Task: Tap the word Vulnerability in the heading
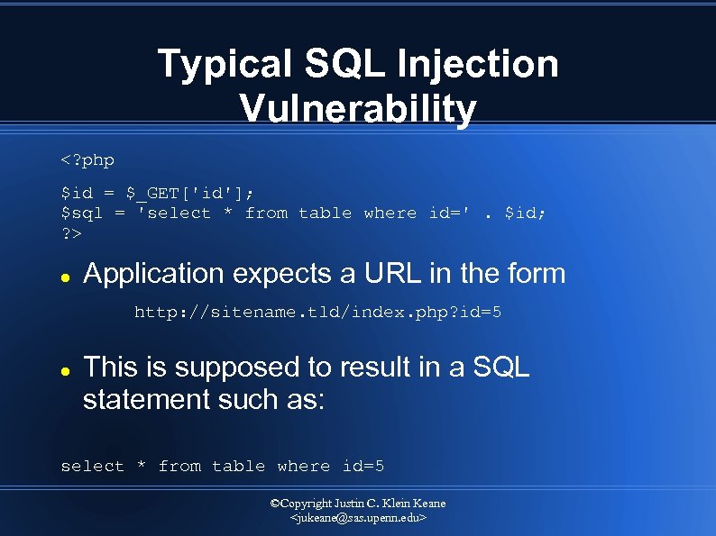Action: click(358, 110)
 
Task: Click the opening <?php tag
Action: click(87, 160)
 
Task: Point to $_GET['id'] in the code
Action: click(188, 192)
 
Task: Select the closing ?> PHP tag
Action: click(70, 234)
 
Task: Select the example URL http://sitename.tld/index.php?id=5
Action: click(318, 313)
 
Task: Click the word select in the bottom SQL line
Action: click(92, 466)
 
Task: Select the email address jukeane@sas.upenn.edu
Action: click(358, 519)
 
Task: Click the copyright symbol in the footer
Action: click(276, 504)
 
